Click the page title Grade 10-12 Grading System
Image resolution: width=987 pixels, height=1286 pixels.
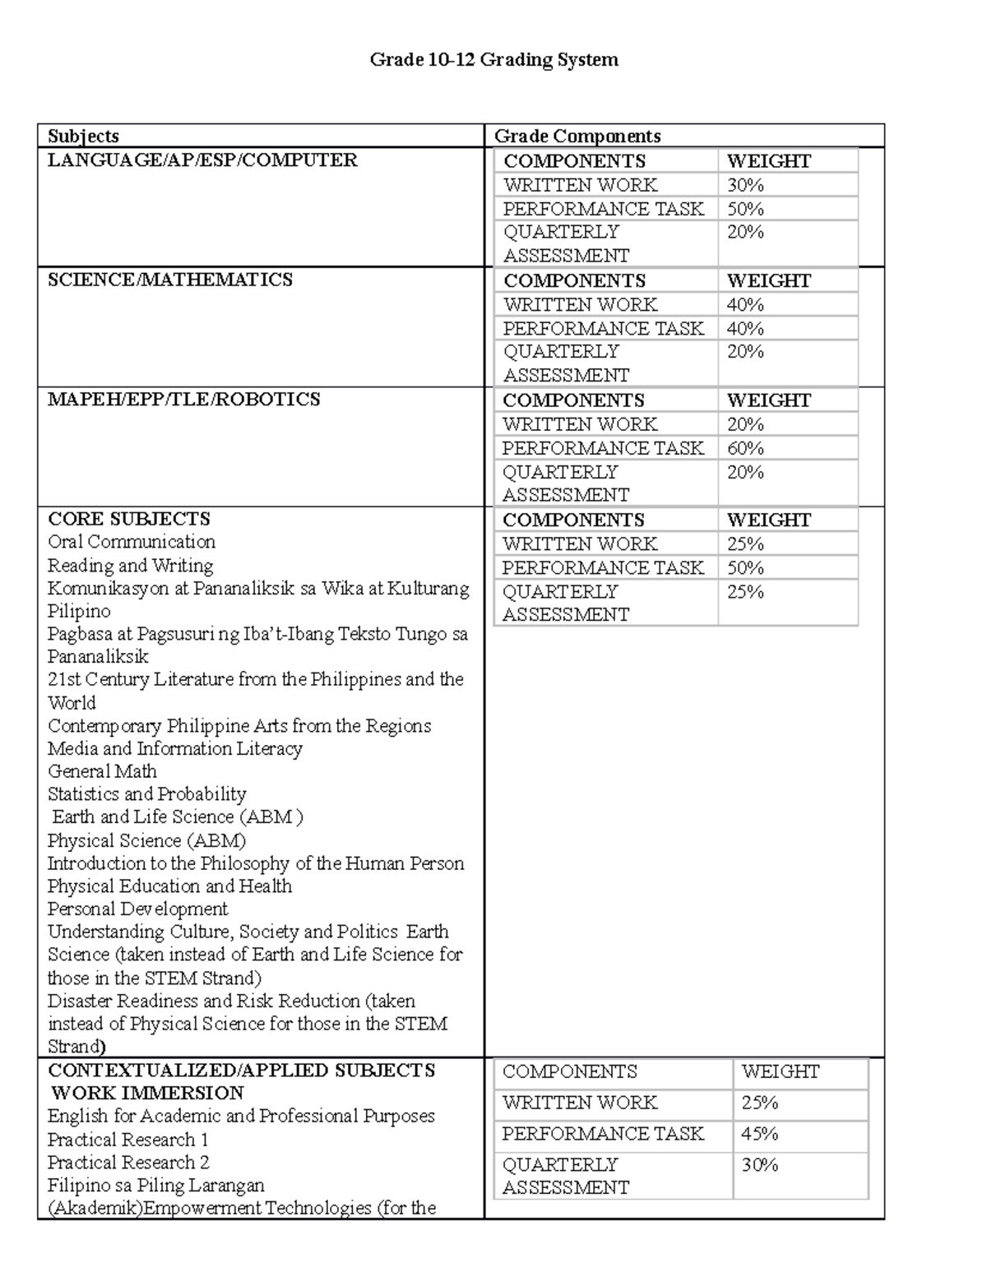point(493,60)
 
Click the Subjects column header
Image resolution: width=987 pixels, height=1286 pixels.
point(83,136)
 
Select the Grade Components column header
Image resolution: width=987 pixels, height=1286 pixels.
point(577,136)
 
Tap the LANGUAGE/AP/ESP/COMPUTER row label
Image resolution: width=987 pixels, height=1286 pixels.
point(202,160)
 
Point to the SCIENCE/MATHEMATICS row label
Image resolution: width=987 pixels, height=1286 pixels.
point(170,280)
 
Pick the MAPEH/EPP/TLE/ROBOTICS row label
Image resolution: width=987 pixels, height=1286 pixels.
point(183,400)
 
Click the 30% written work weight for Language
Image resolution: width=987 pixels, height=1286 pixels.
point(745,185)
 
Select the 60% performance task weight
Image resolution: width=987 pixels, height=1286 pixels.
point(745,448)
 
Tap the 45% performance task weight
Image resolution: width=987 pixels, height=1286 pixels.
point(759,1134)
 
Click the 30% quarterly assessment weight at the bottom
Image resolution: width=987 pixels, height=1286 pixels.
point(759,1165)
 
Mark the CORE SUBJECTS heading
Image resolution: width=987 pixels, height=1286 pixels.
point(129,519)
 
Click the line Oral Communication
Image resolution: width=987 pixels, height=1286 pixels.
point(132,542)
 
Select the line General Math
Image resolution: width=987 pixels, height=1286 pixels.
point(102,771)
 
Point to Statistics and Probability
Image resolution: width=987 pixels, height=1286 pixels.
point(147,794)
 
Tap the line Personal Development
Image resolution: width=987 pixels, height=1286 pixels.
point(137,909)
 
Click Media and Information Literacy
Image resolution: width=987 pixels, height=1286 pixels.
point(175,749)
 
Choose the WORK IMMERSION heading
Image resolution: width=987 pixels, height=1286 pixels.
point(147,1094)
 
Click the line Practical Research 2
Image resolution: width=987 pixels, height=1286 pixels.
point(128,1163)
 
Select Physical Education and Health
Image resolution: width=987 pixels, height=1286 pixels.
point(169,886)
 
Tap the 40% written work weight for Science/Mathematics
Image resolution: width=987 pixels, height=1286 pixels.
point(745,304)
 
